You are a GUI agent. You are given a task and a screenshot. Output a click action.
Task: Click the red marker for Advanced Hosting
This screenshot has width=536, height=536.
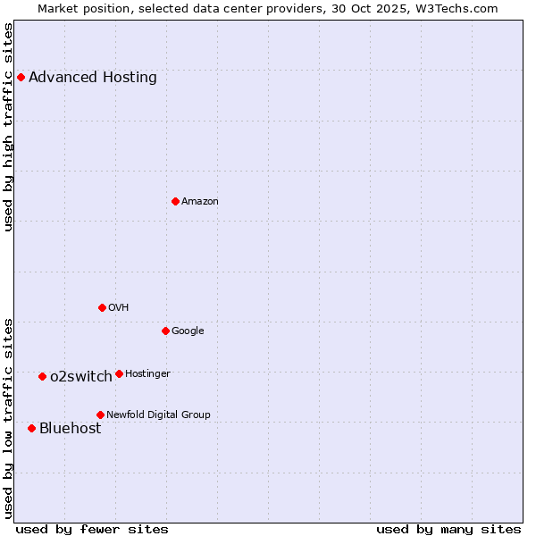click(x=21, y=77)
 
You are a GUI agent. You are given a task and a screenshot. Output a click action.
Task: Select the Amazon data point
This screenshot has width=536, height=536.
click(x=175, y=201)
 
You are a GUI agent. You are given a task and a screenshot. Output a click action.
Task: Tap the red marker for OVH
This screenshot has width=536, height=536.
click(x=102, y=307)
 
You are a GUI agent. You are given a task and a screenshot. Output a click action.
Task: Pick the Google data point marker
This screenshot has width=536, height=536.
click(x=165, y=331)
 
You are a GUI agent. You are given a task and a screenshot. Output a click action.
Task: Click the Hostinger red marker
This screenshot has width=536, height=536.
click(x=119, y=373)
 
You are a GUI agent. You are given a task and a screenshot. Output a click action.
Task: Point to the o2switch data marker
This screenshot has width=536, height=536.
click(x=42, y=376)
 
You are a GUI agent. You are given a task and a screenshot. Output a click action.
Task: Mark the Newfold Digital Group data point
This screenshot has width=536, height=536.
click(x=100, y=415)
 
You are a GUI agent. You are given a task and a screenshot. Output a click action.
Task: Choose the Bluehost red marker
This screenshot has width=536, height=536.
click(x=31, y=428)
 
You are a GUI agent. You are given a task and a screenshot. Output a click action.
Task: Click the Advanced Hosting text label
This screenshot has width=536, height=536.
click(x=93, y=78)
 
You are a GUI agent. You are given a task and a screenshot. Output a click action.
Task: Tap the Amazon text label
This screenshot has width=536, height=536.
click(x=200, y=202)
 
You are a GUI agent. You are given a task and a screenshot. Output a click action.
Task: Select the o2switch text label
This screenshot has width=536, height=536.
click(x=81, y=377)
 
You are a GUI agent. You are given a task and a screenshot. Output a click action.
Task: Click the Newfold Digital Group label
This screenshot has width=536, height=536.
click(x=158, y=415)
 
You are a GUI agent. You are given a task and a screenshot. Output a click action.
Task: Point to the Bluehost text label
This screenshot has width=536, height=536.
click(x=70, y=429)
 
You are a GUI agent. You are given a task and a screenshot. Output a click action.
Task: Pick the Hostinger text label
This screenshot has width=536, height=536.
click(x=147, y=373)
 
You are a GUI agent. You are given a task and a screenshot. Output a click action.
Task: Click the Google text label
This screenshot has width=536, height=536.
click(x=188, y=331)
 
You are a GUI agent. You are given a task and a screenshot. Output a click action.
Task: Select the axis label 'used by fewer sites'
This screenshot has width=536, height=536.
click(x=92, y=529)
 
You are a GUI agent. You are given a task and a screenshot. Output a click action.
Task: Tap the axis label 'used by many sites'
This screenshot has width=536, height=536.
click(x=448, y=529)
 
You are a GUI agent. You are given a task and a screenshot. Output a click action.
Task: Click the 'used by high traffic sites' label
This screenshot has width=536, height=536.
click(x=8, y=127)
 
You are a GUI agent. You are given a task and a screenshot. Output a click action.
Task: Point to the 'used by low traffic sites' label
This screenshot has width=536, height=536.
click(x=8, y=417)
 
